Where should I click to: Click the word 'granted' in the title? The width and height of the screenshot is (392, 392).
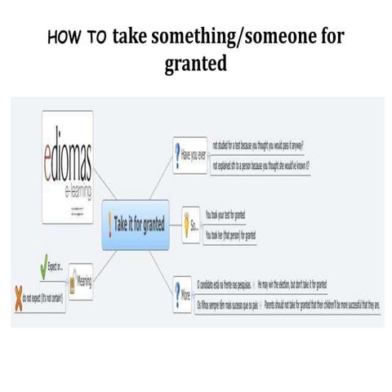click(195, 63)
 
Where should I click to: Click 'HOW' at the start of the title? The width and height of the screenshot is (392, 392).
click(65, 38)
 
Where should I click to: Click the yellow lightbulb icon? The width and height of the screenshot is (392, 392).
click(189, 222)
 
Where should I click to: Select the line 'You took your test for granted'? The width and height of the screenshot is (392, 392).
click(225, 214)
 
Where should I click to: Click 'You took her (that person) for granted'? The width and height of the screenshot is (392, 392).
click(231, 234)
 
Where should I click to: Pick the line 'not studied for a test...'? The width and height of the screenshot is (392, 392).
click(257, 144)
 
